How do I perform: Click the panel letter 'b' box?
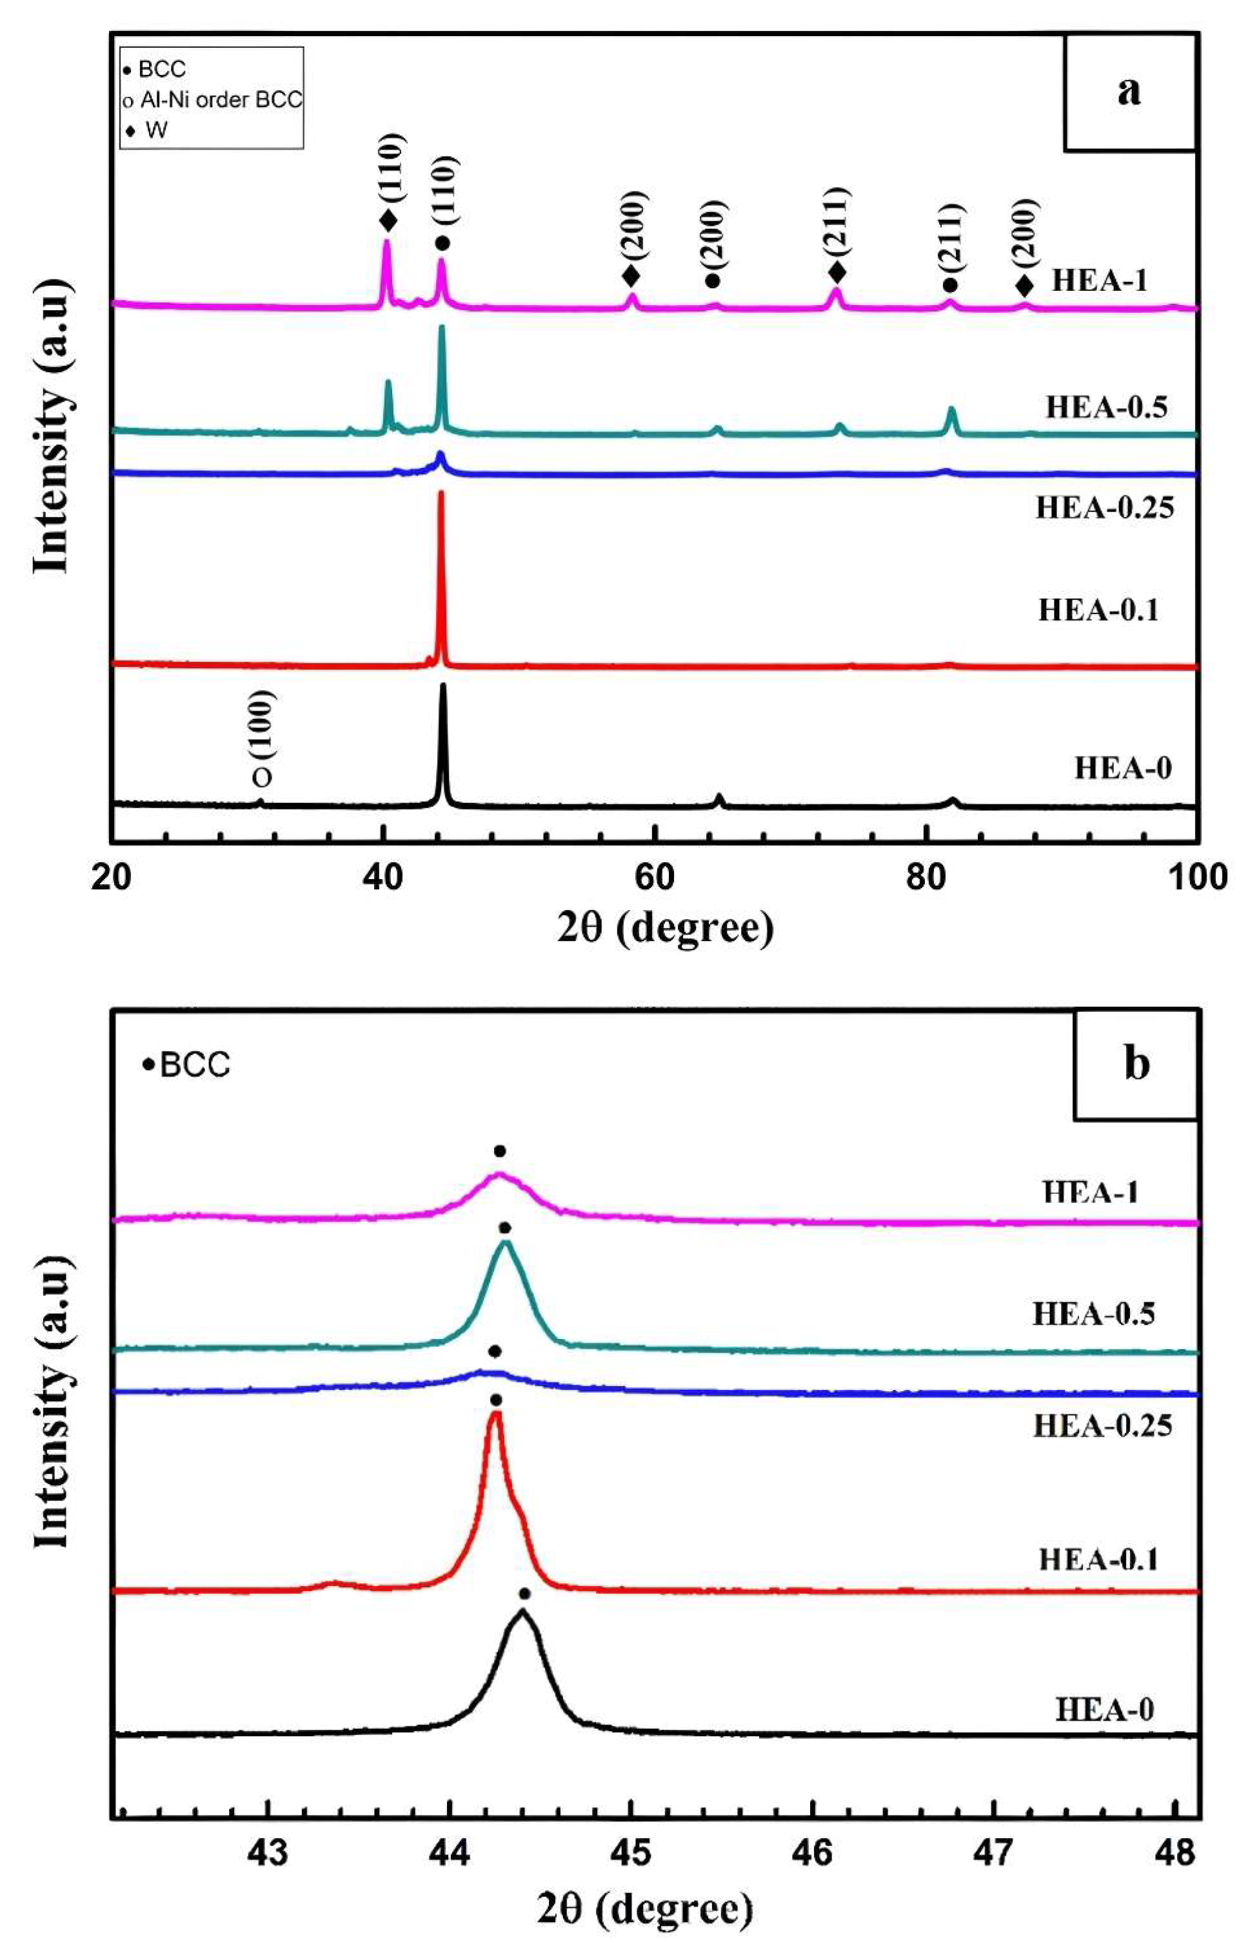pos(1136,1064)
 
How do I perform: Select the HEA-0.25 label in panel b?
pos(1102,1426)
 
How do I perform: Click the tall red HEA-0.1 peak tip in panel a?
pos(441,493)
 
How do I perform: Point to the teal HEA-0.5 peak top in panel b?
pos(506,1243)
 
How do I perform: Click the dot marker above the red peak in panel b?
pos(496,1400)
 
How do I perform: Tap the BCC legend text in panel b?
pos(195,1064)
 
